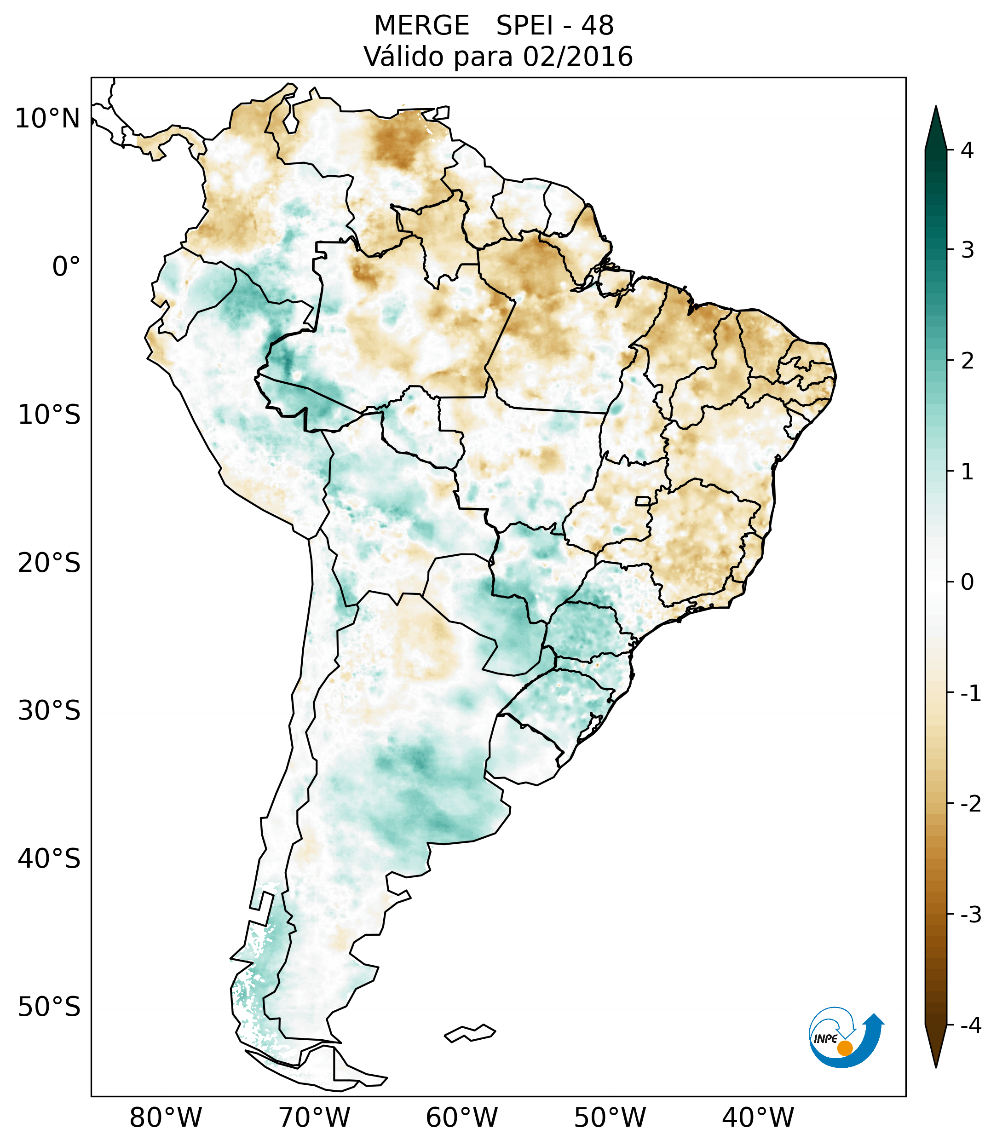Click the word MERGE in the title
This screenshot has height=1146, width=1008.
click(421, 26)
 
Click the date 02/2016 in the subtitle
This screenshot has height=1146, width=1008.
click(577, 57)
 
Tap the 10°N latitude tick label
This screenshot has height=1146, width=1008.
click(47, 119)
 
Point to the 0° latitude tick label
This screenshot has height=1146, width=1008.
click(66, 267)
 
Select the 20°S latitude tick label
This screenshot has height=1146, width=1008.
click(49, 563)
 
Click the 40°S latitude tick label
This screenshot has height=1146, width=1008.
click(49, 859)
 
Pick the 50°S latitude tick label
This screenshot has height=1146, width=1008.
click(49, 1008)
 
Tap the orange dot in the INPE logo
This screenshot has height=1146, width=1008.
click(844, 1048)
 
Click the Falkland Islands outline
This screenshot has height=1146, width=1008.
click(470, 1033)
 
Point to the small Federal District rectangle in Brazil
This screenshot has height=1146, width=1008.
click(643, 500)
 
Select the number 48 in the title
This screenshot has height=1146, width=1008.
click(597, 26)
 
